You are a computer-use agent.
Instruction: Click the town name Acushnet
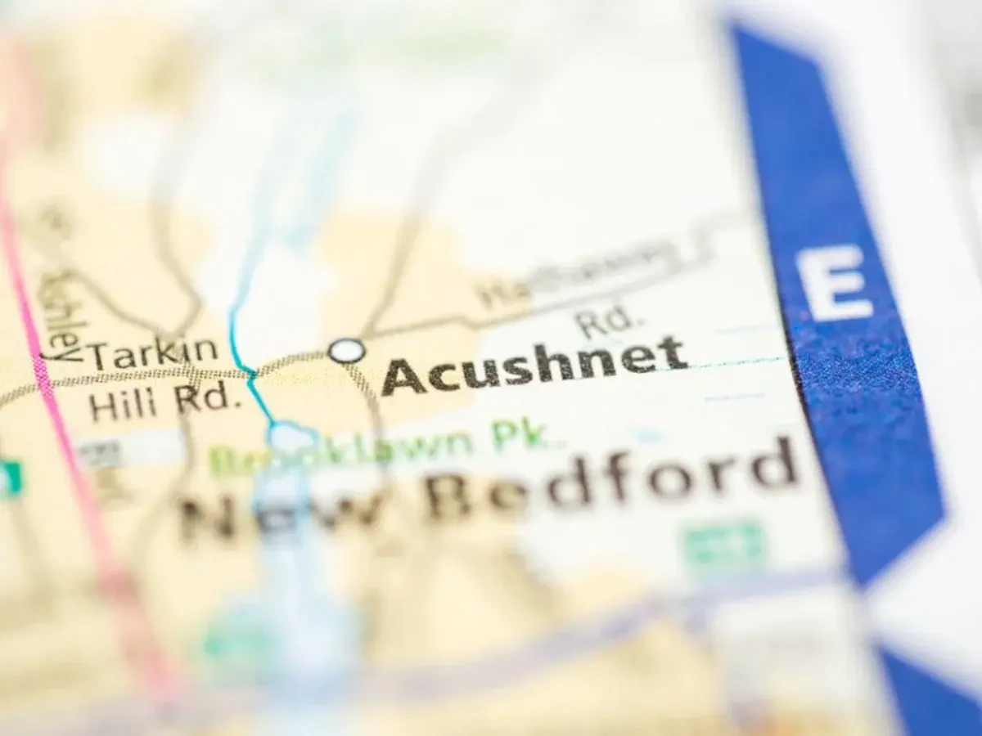534,366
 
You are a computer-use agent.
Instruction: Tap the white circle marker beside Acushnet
347,351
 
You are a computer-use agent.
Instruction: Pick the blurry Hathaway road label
573,274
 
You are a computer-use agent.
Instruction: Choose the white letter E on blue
833,283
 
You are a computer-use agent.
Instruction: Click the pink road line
61,425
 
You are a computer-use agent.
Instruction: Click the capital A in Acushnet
403,378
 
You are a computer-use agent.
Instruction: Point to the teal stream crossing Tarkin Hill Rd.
251,375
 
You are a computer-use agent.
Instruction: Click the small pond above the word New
291,438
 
